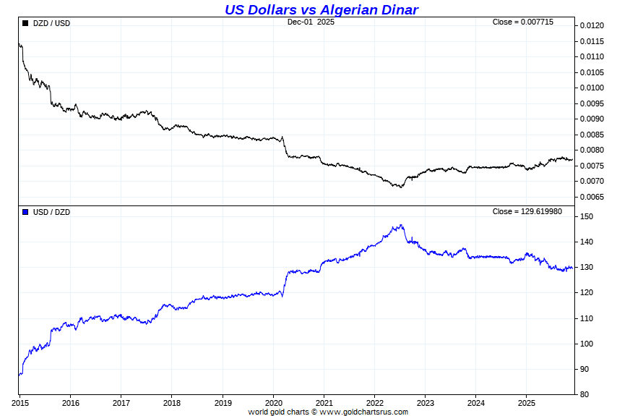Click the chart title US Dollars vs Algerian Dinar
[321, 9]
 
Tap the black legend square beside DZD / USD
[25, 23]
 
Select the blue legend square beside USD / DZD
[25, 212]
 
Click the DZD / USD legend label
[52, 23]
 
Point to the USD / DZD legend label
[52, 212]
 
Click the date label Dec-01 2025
[311, 22]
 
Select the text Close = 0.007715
[523, 22]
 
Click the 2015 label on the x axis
[20, 402]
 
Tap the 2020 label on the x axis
[274, 402]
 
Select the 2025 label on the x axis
[527, 402]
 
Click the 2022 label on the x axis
[375, 402]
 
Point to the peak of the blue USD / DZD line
[401, 225]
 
